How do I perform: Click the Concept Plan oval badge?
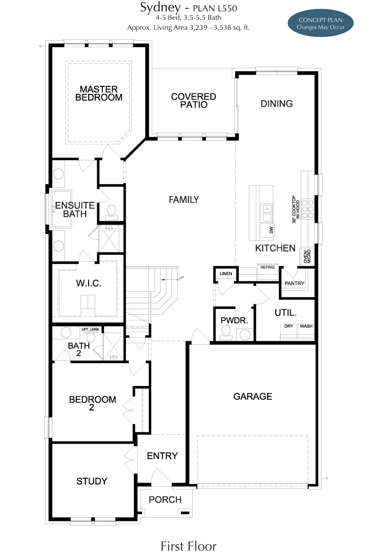pos(320,23)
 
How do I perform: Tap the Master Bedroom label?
pos(98,93)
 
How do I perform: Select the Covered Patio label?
pos(193,101)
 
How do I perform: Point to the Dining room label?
pos(277,104)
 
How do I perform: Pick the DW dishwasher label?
pos(271,230)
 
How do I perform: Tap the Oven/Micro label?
pos(307,256)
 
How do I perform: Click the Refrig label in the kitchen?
pos(267,268)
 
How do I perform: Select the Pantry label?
pos(294,283)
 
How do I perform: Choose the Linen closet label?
pos(226,273)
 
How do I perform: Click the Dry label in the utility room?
pos(288,326)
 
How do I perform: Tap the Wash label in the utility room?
pos(306,326)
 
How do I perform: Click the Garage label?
pos(253,396)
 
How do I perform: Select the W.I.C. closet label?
pos(89,283)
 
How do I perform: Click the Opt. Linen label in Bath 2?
pos(90,329)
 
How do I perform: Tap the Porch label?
pos(165,500)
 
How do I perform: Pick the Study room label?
pos(91,481)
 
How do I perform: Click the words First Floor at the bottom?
pos(188,546)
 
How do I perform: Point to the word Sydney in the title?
pos(160,8)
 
